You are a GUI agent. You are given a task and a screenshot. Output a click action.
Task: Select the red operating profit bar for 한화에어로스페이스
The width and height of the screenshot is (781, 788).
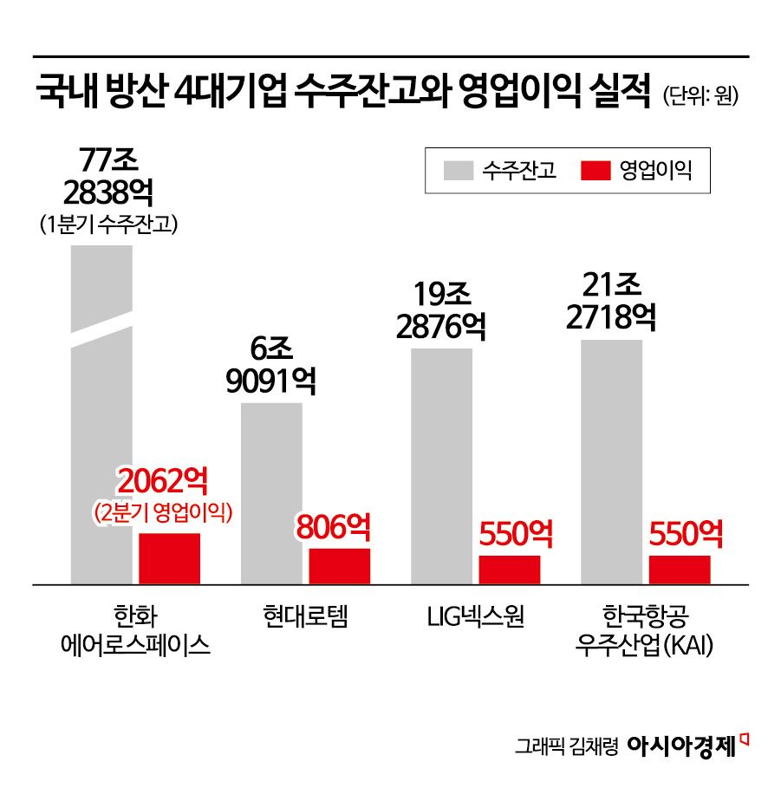(170, 558)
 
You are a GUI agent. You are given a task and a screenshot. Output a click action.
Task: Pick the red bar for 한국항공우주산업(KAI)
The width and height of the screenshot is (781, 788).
(680, 570)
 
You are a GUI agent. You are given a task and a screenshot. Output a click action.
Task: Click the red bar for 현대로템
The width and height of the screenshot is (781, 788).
(340, 566)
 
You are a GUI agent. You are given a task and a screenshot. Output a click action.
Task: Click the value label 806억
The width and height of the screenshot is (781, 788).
(334, 526)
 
